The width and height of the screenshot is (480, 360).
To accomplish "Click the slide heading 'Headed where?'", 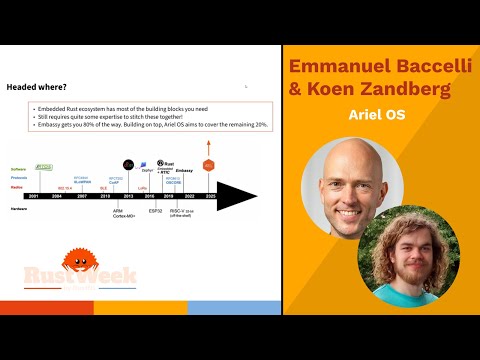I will tap(29, 87).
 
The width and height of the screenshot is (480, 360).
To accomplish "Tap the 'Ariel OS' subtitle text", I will tap(380, 116).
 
